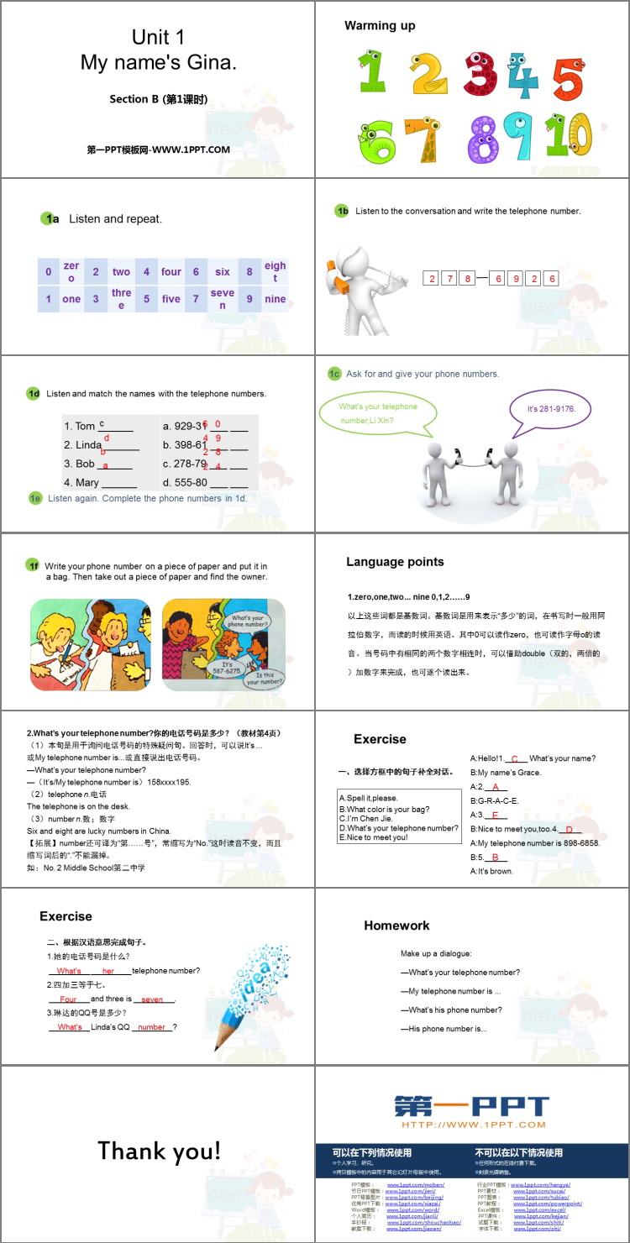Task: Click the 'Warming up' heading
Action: tap(380, 26)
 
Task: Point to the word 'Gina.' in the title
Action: tap(210, 62)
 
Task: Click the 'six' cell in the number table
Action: tap(222, 272)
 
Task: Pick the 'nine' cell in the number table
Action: tap(275, 299)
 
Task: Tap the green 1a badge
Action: tap(50, 218)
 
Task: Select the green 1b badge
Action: tap(341, 211)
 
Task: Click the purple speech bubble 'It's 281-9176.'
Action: tap(550, 409)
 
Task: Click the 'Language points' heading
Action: tap(395, 562)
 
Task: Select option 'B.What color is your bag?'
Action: tap(385, 808)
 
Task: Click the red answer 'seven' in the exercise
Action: tap(152, 999)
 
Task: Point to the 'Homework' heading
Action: tap(396, 926)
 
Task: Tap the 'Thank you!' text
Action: tap(159, 1151)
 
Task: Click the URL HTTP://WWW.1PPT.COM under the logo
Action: tap(473, 1125)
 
